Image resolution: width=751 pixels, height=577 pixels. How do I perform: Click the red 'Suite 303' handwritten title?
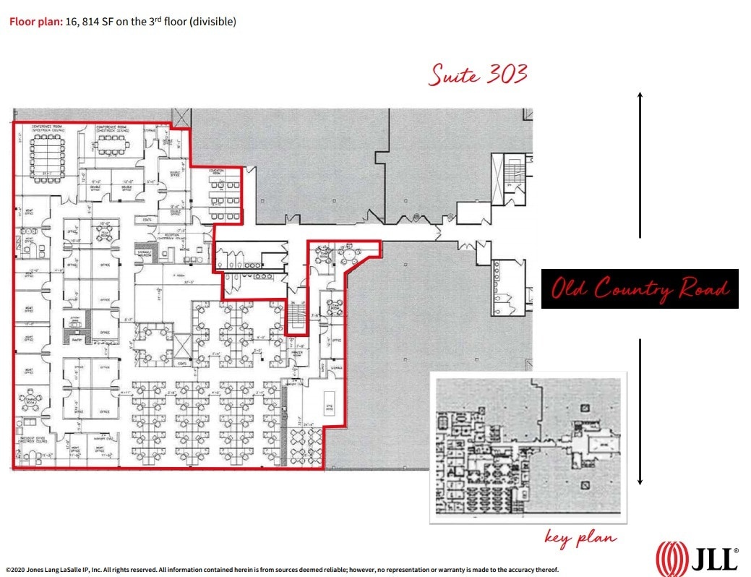[478, 74]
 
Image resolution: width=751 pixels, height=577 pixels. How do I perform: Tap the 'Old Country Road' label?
[640, 289]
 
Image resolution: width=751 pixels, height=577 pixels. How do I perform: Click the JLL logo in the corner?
[697, 557]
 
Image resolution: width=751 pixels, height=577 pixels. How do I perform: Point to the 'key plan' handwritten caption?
[580, 537]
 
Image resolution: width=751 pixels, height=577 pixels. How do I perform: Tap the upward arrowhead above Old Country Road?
[640, 96]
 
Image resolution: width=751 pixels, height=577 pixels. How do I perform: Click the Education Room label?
[215, 171]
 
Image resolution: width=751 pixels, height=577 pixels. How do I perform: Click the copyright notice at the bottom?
[282, 570]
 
